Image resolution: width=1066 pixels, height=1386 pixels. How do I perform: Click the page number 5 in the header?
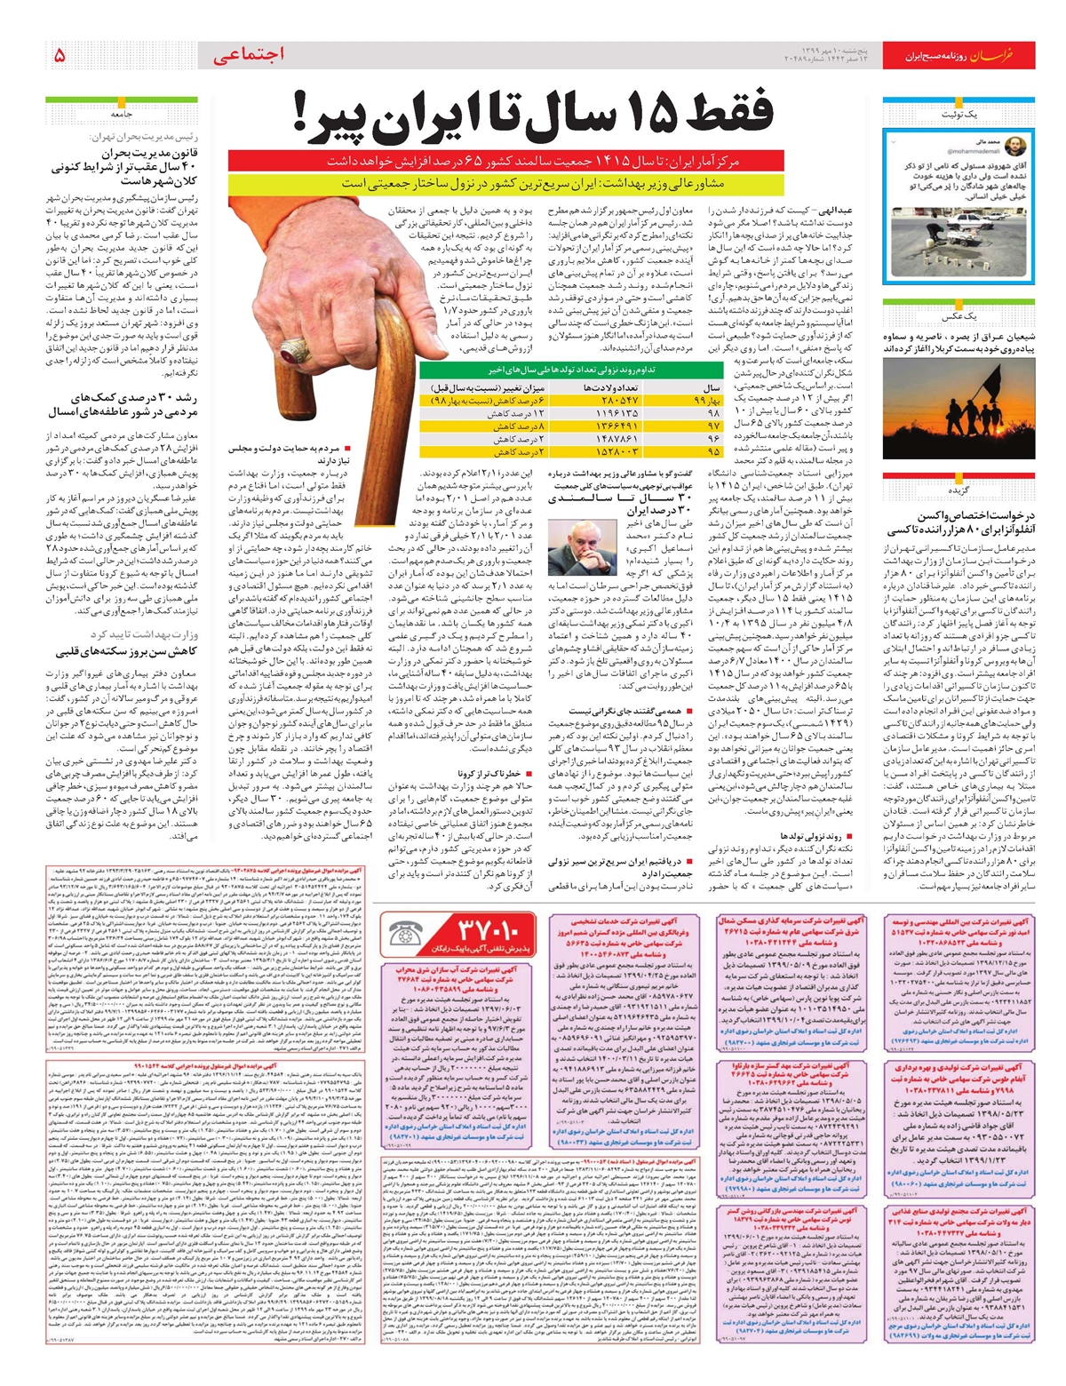pos(60,55)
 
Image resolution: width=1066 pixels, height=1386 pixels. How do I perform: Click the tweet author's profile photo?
pos(1015,146)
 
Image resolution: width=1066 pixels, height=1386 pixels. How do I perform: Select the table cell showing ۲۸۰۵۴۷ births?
pos(620,402)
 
